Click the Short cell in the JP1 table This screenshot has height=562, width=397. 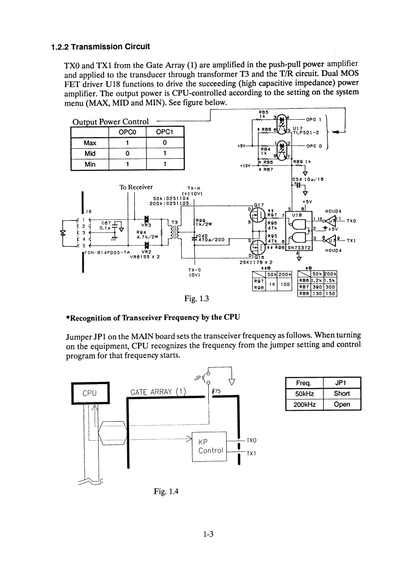[x=342, y=393]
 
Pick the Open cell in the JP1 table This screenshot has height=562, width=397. [x=342, y=404]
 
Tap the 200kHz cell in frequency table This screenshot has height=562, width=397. [x=304, y=404]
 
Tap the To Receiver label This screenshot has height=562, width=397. [x=136, y=187]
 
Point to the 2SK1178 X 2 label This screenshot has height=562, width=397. [x=256, y=261]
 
